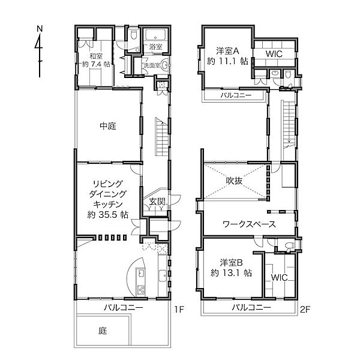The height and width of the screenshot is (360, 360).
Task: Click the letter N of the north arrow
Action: [x=40, y=29]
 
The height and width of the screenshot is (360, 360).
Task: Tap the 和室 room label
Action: [x=96, y=56]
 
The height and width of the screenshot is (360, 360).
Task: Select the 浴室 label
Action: [x=155, y=47]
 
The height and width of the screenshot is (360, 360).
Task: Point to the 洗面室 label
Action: [x=152, y=65]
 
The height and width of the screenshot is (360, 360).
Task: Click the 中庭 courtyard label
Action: [x=108, y=126]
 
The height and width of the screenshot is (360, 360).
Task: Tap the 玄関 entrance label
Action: [x=157, y=202]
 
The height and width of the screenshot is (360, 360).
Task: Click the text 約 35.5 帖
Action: [x=108, y=214]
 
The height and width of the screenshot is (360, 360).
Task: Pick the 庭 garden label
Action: [x=103, y=331]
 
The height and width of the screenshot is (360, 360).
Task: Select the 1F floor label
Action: [x=179, y=310]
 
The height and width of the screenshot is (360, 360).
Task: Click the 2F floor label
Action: [x=305, y=310]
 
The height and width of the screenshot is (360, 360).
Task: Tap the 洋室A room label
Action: [x=228, y=51]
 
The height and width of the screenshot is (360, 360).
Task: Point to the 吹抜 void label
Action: [x=234, y=181]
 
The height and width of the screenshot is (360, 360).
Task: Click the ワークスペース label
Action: [x=249, y=224]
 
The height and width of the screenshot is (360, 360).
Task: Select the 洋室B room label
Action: [x=232, y=262]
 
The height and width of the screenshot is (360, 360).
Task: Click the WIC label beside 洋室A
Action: [x=274, y=54]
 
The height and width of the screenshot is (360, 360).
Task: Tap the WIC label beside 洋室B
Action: [x=279, y=277]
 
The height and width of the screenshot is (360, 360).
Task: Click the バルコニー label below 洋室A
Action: [x=236, y=95]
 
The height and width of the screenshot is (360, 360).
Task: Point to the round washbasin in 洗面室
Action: [x=165, y=65]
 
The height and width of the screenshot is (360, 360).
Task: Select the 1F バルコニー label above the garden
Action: [x=124, y=307]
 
